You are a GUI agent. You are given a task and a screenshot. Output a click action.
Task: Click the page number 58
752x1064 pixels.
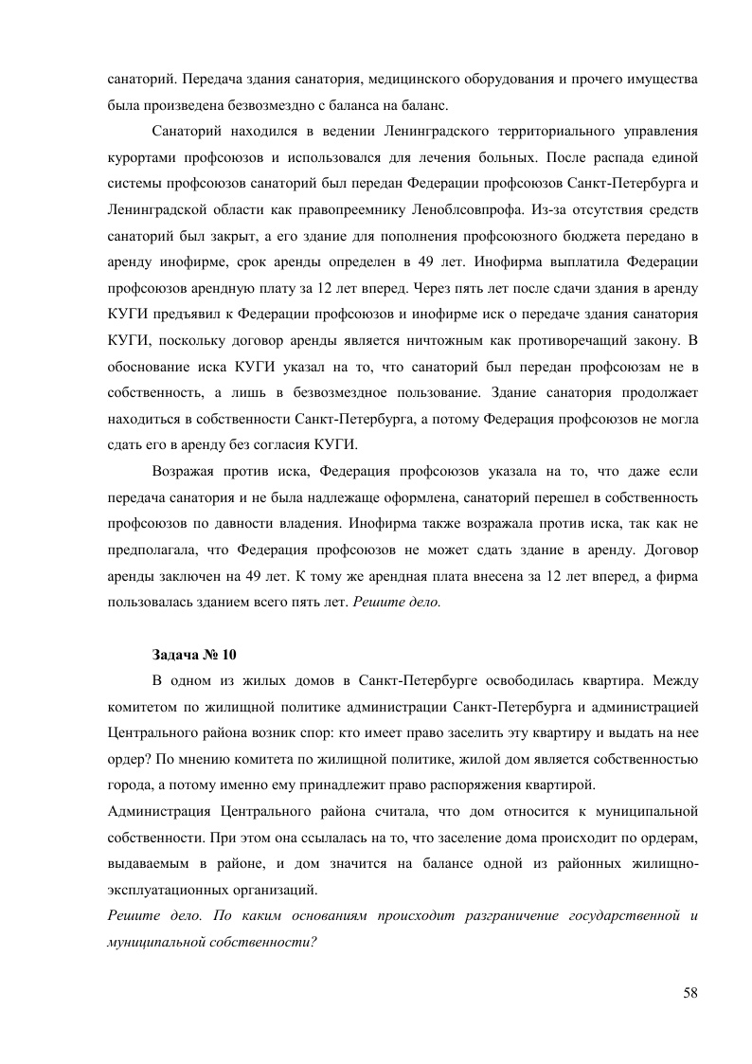tap(689, 992)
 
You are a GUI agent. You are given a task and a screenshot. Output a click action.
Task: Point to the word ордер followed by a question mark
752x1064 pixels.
tap(128, 759)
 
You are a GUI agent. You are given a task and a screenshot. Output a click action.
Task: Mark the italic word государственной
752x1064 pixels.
tap(613, 916)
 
